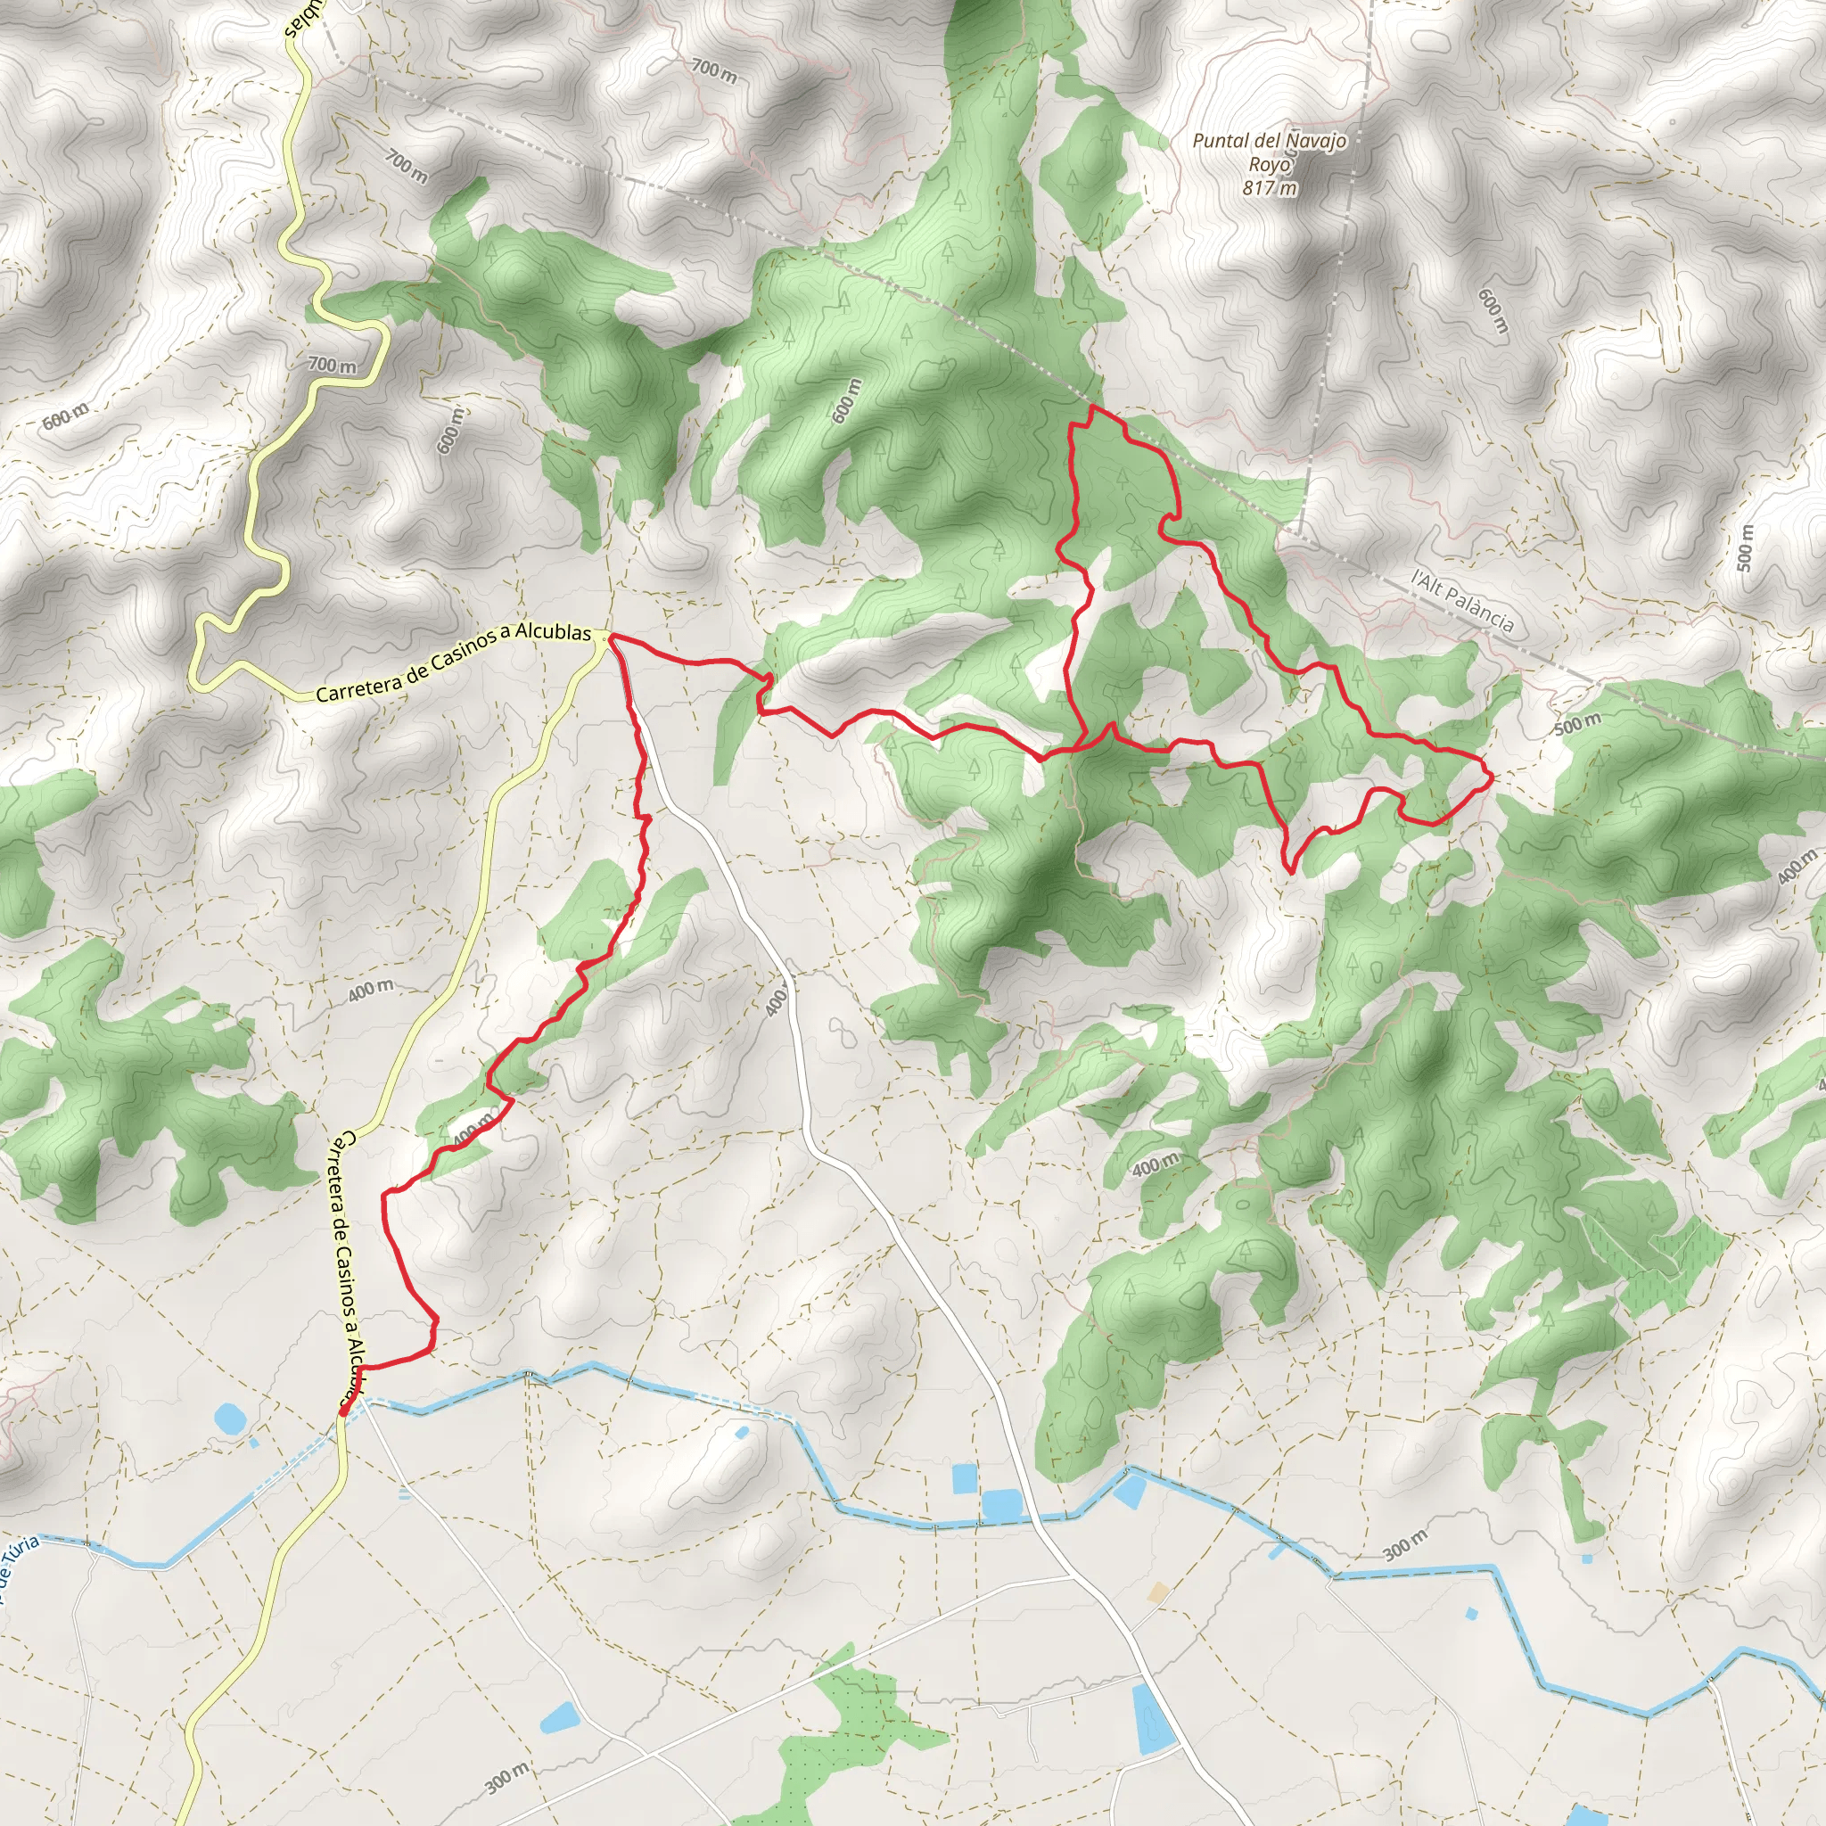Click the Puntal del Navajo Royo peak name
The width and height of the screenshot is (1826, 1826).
click(x=1270, y=152)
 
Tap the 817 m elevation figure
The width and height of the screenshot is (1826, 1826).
click(x=1270, y=188)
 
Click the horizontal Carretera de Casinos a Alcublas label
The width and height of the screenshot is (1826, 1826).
click(x=454, y=663)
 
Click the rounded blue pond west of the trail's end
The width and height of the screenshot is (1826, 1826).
click(x=227, y=1418)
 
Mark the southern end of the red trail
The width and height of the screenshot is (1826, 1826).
click(x=341, y=1413)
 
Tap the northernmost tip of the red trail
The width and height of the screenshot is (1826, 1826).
click(x=1092, y=407)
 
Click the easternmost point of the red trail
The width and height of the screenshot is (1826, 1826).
click(x=1493, y=777)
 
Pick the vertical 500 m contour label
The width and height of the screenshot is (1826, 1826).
click(x=1745, y=548)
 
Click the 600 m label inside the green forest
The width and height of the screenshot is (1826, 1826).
click(x=847, y=400)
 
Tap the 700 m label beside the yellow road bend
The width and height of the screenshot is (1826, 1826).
click(x=333, y=365)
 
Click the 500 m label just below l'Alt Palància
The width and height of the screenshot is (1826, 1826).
click(x=1578, y=724)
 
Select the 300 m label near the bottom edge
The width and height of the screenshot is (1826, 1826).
click(x=507, y=1777)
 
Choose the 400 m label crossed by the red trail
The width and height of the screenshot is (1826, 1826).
click(x=473, y=1130)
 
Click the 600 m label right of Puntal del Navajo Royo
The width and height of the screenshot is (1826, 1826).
click(x=1493, y=311)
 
